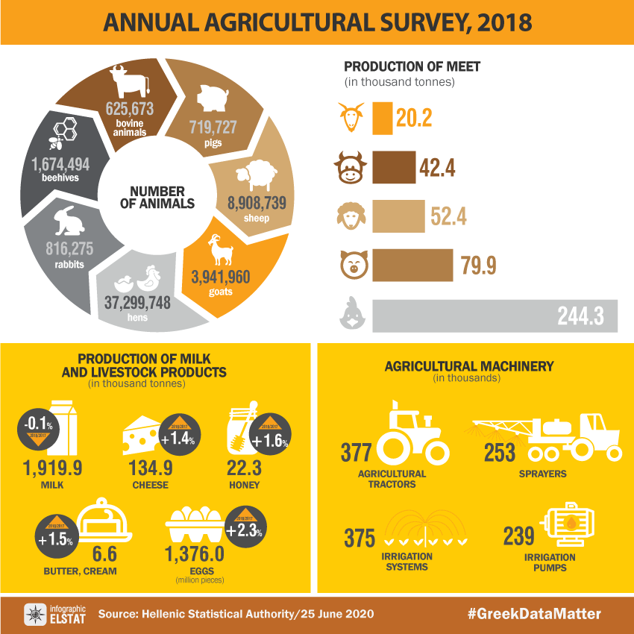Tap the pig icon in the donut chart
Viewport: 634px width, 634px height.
tap(213, 98)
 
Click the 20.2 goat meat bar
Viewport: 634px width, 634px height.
tap(382, 118)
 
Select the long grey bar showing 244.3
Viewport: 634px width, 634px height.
tap(495, 316)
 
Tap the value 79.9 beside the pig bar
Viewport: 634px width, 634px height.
tap(479, 266)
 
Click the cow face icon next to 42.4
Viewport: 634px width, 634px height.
tap(351, 167)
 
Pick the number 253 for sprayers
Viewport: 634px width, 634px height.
tap(499, 453)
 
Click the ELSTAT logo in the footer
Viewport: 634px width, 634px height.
tap(35, 615)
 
